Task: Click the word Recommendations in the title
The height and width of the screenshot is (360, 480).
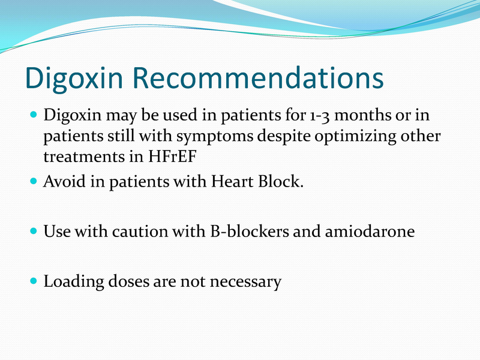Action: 258,77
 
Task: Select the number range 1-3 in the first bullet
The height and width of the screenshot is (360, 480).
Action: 320,116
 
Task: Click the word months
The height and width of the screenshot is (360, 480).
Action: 363,115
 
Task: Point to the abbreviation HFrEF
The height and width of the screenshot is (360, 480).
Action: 172,157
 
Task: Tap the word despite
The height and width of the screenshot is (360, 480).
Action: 284,137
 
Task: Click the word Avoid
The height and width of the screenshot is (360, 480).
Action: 65,181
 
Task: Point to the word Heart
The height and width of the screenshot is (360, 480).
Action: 232,181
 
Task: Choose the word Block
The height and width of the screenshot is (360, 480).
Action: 281,181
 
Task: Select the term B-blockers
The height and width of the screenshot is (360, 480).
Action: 249,231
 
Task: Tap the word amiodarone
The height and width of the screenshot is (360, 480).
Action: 370,231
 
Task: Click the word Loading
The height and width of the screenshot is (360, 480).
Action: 74,281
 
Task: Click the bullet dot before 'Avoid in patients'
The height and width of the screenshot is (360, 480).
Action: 34,181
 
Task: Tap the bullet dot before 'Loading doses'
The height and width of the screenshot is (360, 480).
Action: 34,281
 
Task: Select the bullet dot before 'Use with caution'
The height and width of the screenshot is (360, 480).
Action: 34,230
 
